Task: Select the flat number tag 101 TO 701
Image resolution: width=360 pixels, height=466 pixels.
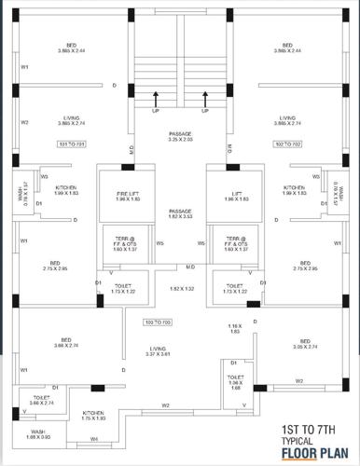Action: (x=72, y=145)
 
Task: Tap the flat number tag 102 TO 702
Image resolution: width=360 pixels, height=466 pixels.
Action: (x=289, y=145)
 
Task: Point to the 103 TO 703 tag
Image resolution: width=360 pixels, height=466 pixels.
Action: (x=159, y=322)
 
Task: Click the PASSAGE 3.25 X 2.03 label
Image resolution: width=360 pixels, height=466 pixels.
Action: (x=180, y=137)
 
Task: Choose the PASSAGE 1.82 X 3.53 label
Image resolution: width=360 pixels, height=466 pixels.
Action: (x=180, y=214)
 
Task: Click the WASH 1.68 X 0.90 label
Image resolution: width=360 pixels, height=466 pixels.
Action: (x=37, y=435)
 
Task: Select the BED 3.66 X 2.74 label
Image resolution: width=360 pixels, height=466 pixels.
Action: (x=66, y=343)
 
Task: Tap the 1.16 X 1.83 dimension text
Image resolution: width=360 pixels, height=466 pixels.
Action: (x=234, y=328)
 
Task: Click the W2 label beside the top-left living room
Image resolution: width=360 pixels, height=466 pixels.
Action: (x=25, y=122)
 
